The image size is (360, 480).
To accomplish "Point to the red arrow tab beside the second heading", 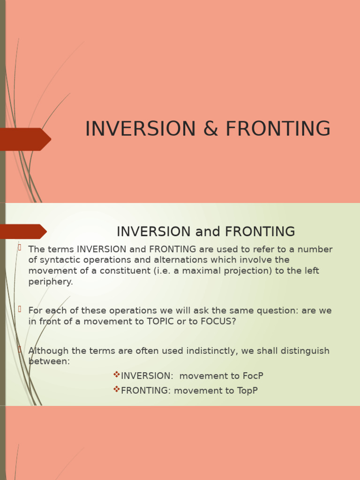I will click(x=23, y=232).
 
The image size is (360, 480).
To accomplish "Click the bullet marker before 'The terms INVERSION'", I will click(x=20, y=247).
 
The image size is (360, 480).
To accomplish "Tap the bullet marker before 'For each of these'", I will click(x=20, y=308).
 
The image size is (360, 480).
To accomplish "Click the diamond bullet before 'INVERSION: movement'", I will click(x=116, y=375).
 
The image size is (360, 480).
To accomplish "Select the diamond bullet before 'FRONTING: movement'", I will click(x=116, y=389).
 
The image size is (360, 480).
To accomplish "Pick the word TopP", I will click(x=247, y=390).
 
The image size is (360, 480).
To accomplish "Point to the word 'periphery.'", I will click(x=51, y=282).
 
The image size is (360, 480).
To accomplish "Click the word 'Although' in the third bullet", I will click(x=47, y=351).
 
